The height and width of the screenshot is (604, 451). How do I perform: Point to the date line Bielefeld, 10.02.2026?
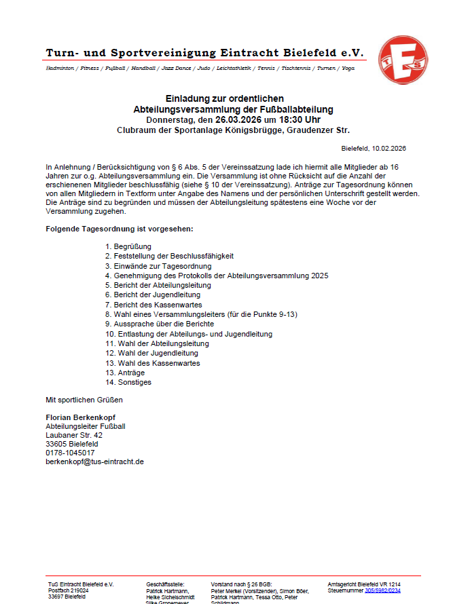coord(374,148)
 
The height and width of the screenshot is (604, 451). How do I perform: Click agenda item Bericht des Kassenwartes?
coord(148,305)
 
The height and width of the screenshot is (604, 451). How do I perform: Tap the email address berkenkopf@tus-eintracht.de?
coord(94,461)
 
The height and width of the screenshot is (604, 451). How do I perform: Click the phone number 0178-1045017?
coord(70,453)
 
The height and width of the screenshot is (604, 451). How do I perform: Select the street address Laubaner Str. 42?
coord(74,435)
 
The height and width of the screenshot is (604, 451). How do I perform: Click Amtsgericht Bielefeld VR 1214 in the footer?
coord(364,584)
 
